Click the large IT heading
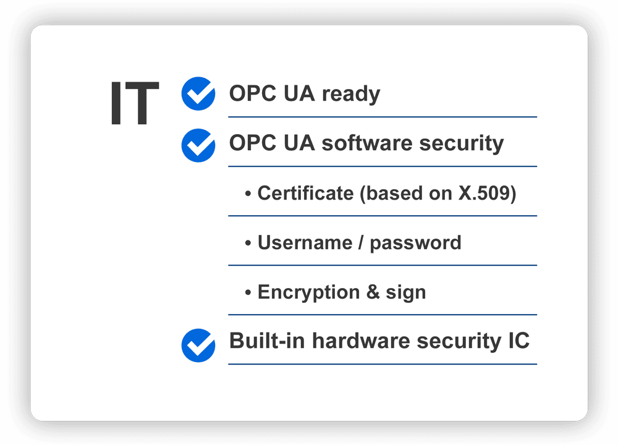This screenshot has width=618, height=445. (x=135, y=103)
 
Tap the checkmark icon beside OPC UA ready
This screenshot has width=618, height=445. (x=198, y=93)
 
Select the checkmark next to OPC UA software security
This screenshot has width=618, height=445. (x=198, y=145)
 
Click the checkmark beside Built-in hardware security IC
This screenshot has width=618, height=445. (x=198, y=345)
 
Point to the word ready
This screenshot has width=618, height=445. (x=351, y=95)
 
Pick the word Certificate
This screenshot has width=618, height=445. (x=305, y=193)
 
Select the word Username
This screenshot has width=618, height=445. (x=305, y=242)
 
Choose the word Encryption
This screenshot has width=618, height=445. (x=308, y=293)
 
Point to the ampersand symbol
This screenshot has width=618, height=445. (x=373, y=292)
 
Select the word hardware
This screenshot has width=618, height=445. (x=361, y=341)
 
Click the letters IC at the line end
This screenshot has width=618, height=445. (x=519, y=341)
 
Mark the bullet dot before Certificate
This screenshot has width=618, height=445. (x=248, y=193)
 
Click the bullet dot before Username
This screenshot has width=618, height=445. (x=248, y=243)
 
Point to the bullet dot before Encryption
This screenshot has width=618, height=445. (x=248, y=292)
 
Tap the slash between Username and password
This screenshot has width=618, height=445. (x=361, y=243)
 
